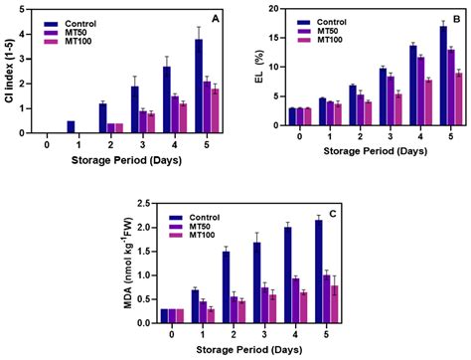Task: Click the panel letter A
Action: (x=217, y=15)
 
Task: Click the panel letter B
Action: (x=457, y=15)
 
